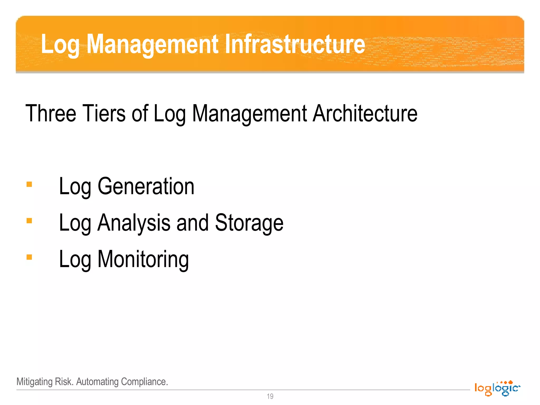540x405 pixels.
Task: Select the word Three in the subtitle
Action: click(51, 113)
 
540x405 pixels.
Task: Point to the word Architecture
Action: click(365, 113)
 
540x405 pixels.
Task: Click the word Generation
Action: click(146, 186)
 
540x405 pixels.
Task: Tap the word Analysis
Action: click(134, 223)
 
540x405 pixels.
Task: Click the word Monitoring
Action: click(143, 259)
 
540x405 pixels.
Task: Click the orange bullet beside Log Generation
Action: click(29, 184)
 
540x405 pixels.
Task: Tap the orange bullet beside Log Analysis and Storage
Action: click(29, 221)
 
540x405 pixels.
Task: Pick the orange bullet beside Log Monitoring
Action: click(29, 257)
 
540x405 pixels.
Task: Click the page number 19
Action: click(270, 396)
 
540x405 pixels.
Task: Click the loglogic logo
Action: click(497, 388)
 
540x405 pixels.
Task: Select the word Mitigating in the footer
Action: click(35, 382)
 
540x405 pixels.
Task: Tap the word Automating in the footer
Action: click(97, 382)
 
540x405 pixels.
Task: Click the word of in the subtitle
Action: click(140, 113)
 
